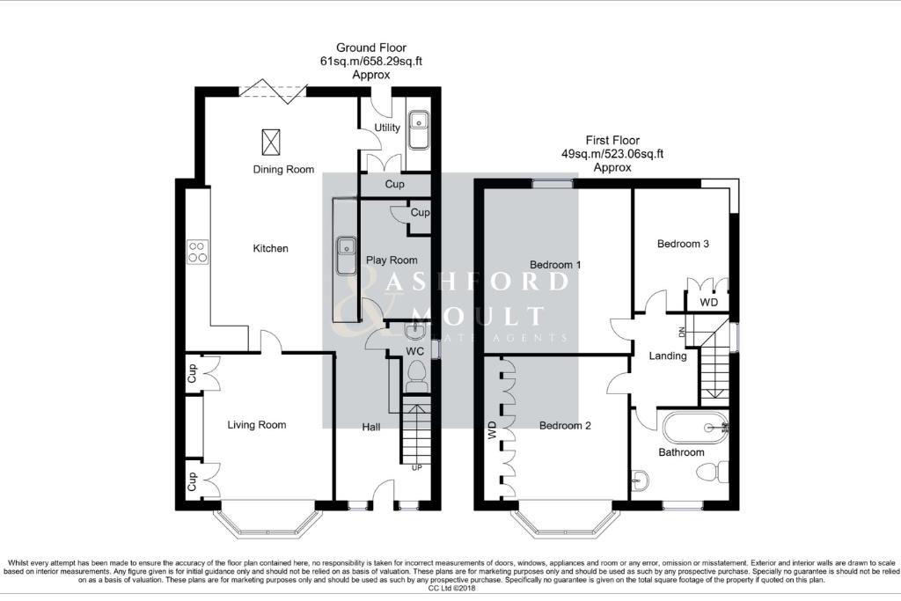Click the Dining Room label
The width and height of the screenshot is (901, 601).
coord(283,170)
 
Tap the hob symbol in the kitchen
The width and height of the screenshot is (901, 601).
coord(196,253)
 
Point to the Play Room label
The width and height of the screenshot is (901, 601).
coord(392,260)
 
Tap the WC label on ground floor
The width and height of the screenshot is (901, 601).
coord(414,351)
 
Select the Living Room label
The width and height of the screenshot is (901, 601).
coord(257,425)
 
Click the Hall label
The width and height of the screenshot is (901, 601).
coord(371,428)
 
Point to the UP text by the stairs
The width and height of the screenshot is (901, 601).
coord(416,467)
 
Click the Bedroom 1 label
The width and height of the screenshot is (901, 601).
coord(555,265)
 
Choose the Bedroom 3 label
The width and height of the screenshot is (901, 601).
coord(684,245)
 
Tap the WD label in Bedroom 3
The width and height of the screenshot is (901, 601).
coord(708,303)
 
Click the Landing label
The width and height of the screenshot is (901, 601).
coord(668,356)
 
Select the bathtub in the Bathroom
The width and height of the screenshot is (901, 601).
coord(695,428)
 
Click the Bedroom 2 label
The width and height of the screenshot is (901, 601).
coord(565,426)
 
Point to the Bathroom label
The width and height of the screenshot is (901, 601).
coord(682,452)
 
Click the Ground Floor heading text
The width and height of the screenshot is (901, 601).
coord(371,48)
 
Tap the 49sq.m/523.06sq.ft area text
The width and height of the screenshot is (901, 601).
coord(612,154)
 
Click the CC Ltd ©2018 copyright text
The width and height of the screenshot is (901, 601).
coord(450,588)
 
